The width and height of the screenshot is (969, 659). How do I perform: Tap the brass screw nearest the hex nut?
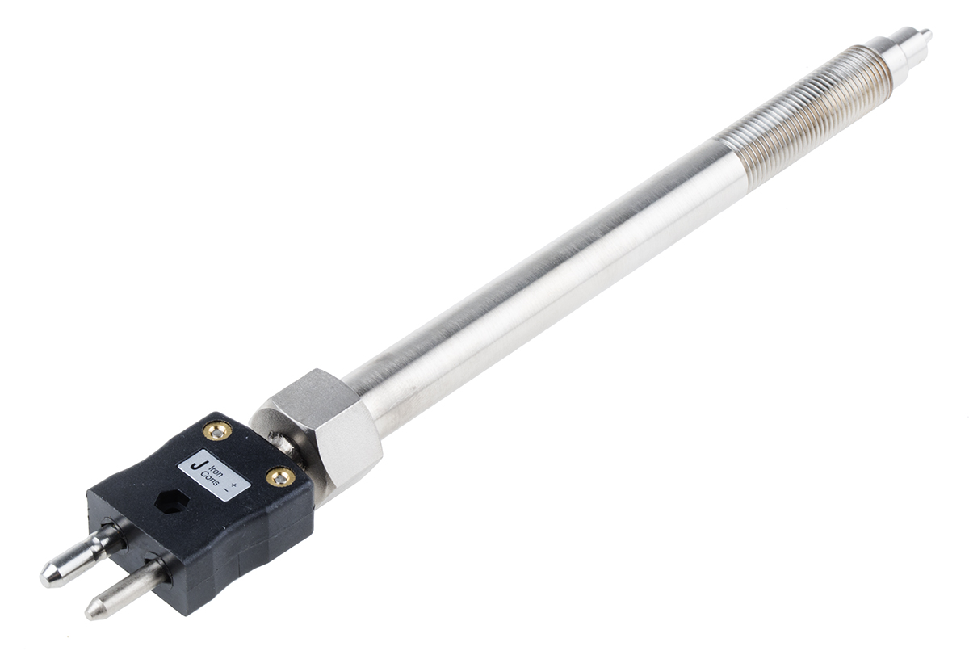coord(280,477)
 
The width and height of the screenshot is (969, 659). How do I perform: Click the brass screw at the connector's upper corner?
coord(217,430)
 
